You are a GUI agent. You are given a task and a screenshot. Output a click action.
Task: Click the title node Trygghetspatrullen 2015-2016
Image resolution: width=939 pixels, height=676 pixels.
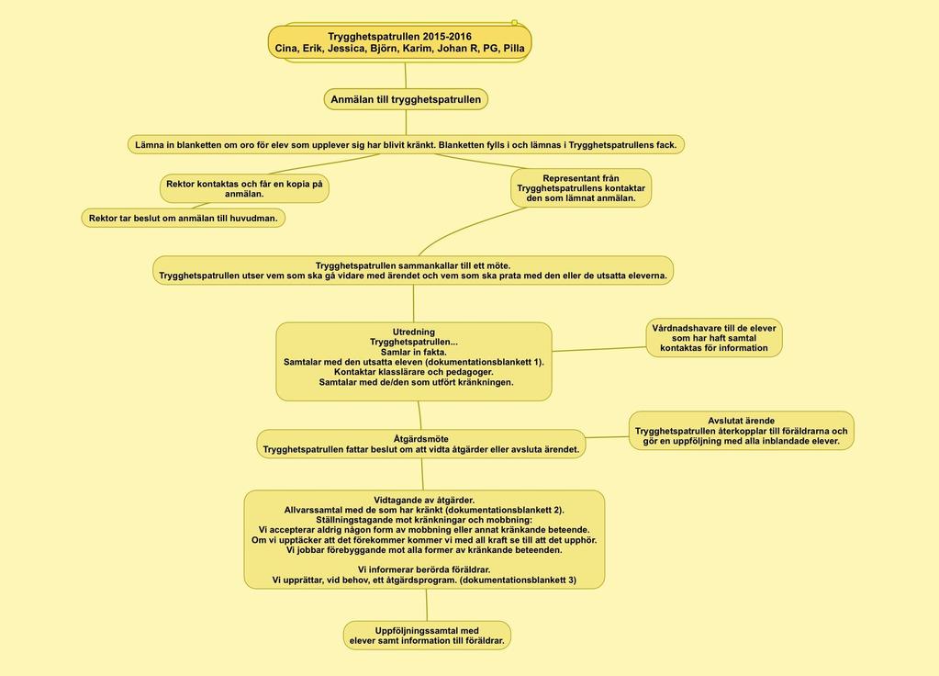tap(399, 42)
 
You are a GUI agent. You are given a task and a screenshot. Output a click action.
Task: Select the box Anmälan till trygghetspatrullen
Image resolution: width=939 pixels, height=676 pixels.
tap(406, 99)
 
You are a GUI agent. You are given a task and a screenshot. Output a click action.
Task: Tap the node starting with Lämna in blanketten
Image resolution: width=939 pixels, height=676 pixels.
tap(406, 144)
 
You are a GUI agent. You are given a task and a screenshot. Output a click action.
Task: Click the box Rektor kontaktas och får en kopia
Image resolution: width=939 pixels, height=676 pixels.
tap(244, 189)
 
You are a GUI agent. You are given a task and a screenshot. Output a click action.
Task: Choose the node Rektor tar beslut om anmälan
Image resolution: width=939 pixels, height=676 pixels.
tap(184, 219)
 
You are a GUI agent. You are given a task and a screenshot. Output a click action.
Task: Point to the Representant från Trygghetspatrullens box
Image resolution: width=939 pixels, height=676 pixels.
tap(581, 187)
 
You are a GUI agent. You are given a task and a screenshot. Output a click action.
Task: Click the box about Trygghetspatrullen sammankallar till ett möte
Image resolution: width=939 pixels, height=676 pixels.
tap(413, 270)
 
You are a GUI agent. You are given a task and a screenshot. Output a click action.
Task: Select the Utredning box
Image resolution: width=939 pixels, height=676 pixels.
tap(414, 361)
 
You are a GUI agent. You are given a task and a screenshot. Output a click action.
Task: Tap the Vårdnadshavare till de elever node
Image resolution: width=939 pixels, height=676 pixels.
tap(714, 338)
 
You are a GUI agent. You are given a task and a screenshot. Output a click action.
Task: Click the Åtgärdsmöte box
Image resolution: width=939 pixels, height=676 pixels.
tap(421, 444)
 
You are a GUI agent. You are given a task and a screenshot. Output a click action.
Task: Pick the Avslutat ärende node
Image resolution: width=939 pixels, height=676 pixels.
tap(742, 431)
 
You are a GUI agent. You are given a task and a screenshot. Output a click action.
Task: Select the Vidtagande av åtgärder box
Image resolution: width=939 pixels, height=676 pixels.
tap(424, 539)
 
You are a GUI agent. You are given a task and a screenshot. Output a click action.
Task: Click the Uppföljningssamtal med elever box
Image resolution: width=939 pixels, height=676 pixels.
tap(427, 636)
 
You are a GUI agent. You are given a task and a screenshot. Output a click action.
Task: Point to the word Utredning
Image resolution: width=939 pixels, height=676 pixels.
tap(414, 332)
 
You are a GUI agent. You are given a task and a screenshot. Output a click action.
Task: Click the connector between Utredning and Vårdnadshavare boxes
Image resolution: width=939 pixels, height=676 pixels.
tap(598, 349)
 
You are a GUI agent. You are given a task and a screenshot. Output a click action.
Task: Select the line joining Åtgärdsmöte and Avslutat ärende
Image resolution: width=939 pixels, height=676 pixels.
tap(608, 437)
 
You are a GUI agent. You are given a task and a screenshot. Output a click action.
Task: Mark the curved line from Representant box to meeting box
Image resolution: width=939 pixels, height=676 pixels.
tap(467, 229)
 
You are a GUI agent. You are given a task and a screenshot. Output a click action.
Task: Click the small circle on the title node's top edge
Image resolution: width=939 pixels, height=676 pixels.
tap(514, 23)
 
